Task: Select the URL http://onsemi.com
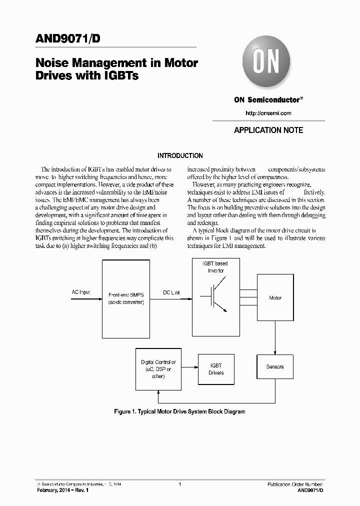click(268, 113)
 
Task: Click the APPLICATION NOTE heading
click(268, 130)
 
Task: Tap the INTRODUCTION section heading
click(180, 156)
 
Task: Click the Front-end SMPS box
click(125, 298)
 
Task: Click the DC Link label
click(171, 292)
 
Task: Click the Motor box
click(275, 298)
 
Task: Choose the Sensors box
click(275, 367)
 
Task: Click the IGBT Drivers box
click(216, 369)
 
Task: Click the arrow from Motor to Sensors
click(275, 338)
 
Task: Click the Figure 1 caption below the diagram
click(180, 412)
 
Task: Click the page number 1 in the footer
click(179, 484)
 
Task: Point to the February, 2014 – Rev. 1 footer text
click(63, 491)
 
